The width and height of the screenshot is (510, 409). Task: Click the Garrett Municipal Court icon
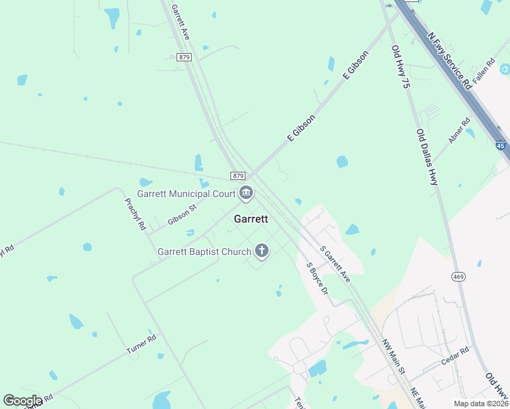[247, 194]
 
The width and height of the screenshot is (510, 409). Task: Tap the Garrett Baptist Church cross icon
[261, 252]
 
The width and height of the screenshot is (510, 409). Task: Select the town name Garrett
[251, 219]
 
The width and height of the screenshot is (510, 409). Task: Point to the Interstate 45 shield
[501, 146]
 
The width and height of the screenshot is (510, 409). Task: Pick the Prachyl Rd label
[135, 213]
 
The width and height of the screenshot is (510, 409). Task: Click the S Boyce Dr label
[318, 279]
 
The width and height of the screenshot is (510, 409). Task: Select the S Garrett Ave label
[335, 266]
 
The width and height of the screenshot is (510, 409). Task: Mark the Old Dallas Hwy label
[427, 158]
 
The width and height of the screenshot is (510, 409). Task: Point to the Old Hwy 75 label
[400, 68]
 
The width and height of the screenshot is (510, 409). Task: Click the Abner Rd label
[459, 130]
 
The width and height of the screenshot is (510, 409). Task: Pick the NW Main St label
[393, 357]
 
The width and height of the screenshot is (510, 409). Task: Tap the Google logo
[22, 401]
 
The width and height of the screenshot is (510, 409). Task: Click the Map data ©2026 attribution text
[479, 404]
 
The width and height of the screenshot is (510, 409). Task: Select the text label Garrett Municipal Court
[185, 194]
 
